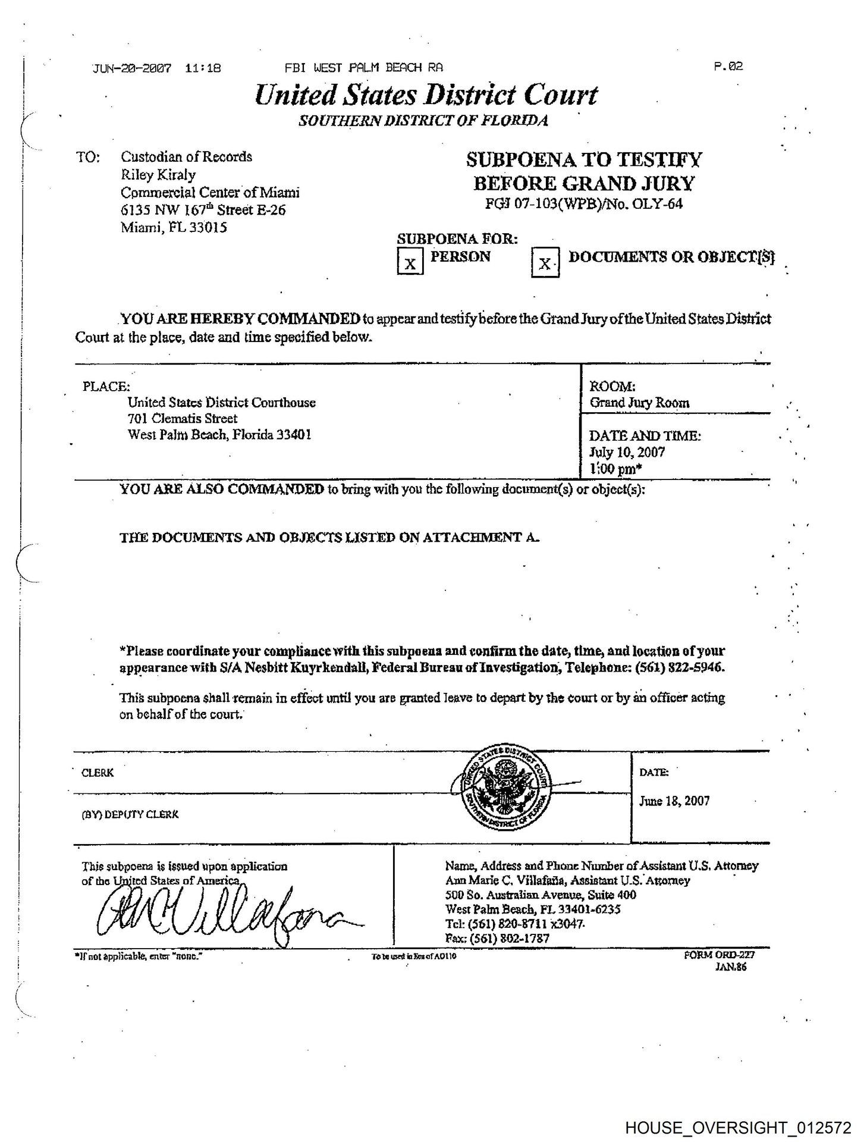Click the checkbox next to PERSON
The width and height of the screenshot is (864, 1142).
pos(410,262)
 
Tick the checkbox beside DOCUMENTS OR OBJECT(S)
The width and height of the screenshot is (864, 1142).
pos(545,263)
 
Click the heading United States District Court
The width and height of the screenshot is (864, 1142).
pos(426,95)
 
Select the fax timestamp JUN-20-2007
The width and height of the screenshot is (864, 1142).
pos(132,68)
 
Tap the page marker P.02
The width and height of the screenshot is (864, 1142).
pos(728,66)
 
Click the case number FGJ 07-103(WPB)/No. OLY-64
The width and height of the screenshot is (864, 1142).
pos(584,204)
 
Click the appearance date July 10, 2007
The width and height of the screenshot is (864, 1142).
pos(627,452)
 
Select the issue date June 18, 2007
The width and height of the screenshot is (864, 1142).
pos(674,801)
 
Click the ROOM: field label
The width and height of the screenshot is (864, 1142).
pos(612,386)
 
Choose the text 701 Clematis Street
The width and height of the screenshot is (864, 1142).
pos(183,419)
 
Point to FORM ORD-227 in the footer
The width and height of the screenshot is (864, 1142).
pos(720,955)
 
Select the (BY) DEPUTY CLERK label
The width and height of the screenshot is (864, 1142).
pos(130,815)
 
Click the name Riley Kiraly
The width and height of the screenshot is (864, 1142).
pos(158,174)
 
